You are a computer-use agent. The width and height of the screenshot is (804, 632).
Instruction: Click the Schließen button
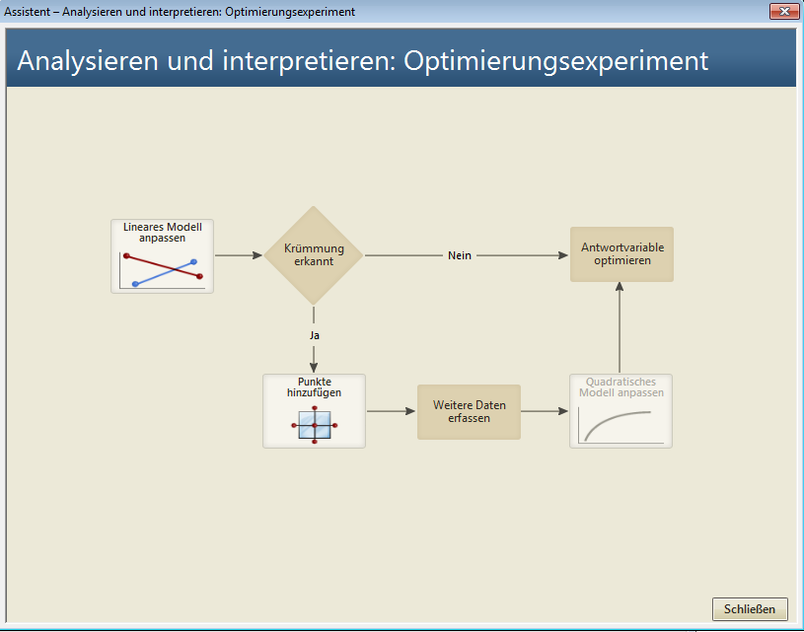click(x=750, y=609)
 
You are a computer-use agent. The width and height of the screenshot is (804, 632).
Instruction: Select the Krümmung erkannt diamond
click(x=314, y=255)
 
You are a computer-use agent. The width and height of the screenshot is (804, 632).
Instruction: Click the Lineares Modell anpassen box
click(x=162, y=256)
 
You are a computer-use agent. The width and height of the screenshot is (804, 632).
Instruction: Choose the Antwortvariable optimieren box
click(x=621, y=254)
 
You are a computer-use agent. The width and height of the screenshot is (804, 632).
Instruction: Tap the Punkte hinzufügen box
click(x=314, y=411)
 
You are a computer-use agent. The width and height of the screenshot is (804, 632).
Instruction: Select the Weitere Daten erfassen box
click(x=469, y=411)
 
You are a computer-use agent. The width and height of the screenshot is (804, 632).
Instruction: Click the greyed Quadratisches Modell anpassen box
click(x=621, y=411)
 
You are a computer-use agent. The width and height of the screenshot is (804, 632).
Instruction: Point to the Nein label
click(x=460, y=255)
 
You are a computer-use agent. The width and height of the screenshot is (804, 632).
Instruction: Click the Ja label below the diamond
click(x=315, y=335)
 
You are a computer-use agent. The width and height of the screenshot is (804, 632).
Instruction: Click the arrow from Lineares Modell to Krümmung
click(x=239, y=255)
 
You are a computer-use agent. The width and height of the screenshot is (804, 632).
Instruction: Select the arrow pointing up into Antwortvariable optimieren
click(x=620, y=327)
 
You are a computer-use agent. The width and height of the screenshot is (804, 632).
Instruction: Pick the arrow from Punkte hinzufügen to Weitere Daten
click(x=392, y=411)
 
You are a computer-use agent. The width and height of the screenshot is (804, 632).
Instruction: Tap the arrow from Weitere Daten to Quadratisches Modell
click(x=545, y=411)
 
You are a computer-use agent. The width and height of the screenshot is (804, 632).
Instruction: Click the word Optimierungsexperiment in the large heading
click(x=555, y=61)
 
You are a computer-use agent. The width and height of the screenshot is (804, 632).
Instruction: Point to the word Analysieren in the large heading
click(x=88, y=61)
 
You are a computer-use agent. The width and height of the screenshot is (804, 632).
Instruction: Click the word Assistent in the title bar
click(x=28, y=12)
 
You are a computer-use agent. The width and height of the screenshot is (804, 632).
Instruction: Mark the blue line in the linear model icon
click(x=165, y=273)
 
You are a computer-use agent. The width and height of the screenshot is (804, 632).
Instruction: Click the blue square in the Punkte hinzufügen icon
click(x=315, y=425)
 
